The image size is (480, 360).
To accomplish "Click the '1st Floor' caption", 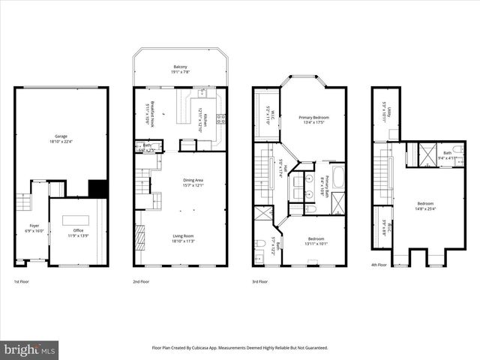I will click(22, 281).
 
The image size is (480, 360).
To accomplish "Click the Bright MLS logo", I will click(30, 350).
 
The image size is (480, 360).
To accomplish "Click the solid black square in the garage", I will click(97, 188).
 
